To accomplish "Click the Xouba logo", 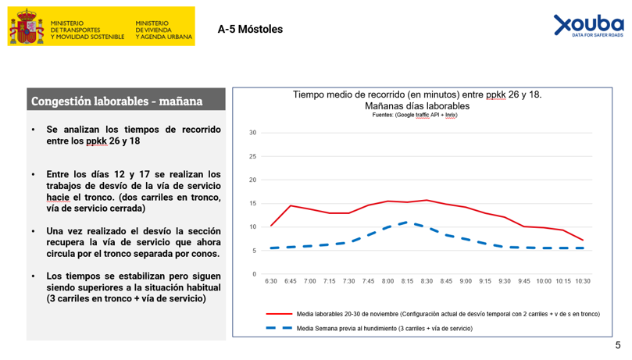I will pos(588,25).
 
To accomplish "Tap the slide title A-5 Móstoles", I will pos(250,30).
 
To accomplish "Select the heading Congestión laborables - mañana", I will pos(116,102).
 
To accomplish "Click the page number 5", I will pos(618,345).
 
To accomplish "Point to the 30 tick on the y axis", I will pos(252,133).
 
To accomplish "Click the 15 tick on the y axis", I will pos(252,204).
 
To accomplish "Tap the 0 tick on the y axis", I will pos(254,274).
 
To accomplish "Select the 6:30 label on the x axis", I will pos(271,281).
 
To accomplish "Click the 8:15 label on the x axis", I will pos(407,281).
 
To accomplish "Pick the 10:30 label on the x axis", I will pos(583,281).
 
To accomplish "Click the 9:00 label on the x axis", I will pos(466,281).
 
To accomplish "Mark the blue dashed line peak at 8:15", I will pos(407,222).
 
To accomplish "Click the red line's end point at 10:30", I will pos(583,240).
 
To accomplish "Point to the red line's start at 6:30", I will pos(271,226).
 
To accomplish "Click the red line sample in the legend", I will pos(279,314).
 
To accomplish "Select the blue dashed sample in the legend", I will pos(279,329).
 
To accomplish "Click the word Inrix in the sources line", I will pos(450,115).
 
